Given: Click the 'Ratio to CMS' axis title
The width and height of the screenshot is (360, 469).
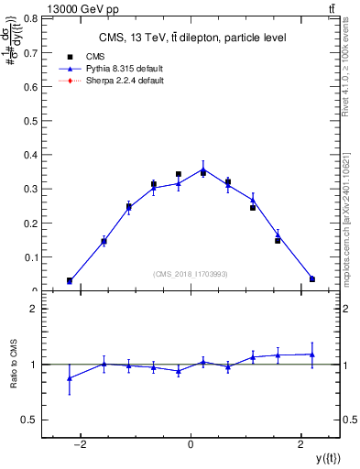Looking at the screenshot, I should (x=13, y=364).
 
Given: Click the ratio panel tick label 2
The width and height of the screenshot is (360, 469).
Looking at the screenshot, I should (x=34, y=310).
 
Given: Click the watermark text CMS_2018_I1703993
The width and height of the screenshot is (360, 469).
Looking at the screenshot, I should (x=191, y=274).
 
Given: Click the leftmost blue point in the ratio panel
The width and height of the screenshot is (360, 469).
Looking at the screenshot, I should (x=70, y=377).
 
